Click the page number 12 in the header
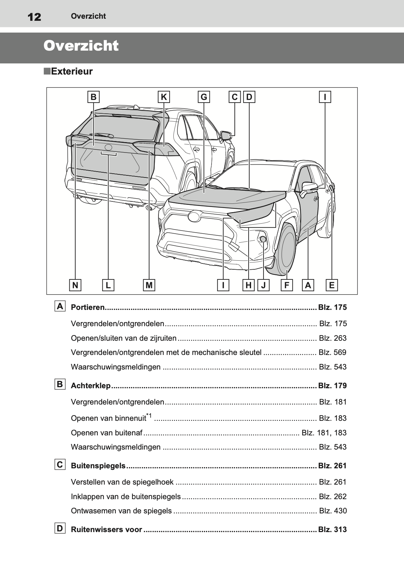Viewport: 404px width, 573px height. pyautogui.click(x=34, y=17)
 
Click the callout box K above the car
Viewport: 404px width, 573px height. pyautogui.click(x=164, y=97)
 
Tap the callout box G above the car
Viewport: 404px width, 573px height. pyautogui.click(x=204, y=97)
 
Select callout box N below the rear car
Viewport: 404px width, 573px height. pyautogui.click(x=75, y=285)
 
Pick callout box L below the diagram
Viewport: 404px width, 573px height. pyautogui.click(x=108, y=285)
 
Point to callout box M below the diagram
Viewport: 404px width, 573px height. pyautogui.click(x=149, y=285)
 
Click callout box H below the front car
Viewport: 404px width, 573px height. pyautogui.click(x=249, y=285)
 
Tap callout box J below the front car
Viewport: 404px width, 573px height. pyautogui.click(x=264, y=285)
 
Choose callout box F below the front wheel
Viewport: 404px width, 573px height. pyautogui.click(x=286, y=285)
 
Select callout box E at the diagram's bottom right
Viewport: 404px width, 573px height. pyautogui.click(x=332, y=285)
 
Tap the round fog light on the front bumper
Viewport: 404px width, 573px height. pyautogui.click(x=263, y=239)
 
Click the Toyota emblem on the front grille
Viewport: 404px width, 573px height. pyautogui.click(x=194, y=216)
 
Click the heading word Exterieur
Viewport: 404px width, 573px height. pyautogui.click(x=72, y=72)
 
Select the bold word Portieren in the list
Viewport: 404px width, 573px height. pyautogui.click(x=87, y=307)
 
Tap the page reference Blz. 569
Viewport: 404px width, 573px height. pyautogui.click(x=333, y=353)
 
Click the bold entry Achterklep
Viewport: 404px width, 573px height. pyautogui.click(x=91, y=386)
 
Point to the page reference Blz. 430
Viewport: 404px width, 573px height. pyautogui.click(x=333, y=511)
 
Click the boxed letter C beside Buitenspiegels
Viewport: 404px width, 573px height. pyautogui.click(x=60, y=465)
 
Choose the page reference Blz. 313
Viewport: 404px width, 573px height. pyautogui.click(x=332, y=530)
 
